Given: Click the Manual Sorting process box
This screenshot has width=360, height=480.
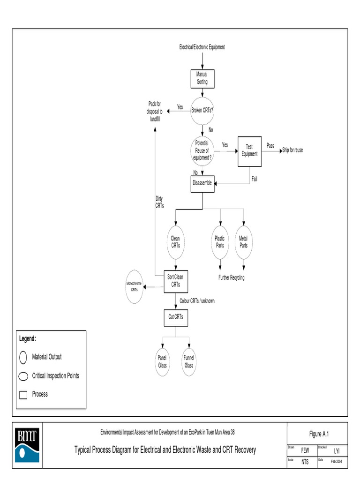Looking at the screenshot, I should tap(202, 78).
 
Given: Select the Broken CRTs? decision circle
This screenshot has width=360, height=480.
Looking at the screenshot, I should tap(202, 111).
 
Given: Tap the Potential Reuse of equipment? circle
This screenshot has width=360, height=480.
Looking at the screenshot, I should tap(202, 150).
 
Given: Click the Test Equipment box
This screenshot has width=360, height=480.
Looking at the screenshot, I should tap(249, 150).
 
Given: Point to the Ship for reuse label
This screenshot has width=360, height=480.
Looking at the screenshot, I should tap(292, 150).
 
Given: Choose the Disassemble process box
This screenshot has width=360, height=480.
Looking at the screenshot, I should tap(202, 183).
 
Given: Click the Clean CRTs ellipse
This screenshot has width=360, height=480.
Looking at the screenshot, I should tap(175, 242).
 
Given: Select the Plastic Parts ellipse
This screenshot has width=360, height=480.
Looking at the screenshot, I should tap(220, 242).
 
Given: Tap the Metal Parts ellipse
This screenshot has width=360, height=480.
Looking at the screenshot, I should tap(244, 242).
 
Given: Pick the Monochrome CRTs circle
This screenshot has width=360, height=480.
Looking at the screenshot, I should tap(135, 287).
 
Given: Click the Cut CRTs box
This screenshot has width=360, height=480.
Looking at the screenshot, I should tap(175, 316).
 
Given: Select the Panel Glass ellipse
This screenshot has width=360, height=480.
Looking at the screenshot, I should tap(163, 362).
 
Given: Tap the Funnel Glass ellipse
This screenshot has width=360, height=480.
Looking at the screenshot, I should tap(189, 362).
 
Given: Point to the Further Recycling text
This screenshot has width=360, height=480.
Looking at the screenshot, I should tap(231, 277).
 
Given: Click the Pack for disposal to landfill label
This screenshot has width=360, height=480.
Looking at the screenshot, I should tap(155, 112).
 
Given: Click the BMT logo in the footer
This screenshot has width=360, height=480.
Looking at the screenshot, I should tap(27, 445).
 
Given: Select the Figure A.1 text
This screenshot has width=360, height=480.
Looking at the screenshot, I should tap(319, 434).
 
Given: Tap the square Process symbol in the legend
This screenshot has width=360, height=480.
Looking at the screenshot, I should tap(23, 395).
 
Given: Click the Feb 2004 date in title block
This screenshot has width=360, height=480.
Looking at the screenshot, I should tap(337, 462).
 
